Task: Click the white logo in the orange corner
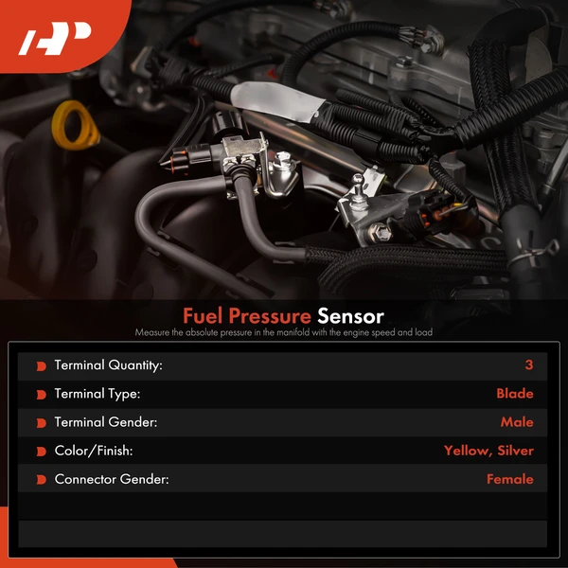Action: (x=54, y=39)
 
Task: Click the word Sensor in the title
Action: (x=350, y=316)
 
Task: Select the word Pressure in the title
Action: (x=270, y=316)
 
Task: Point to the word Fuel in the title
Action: (x=203, y=316)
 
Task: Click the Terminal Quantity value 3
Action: (x=529, y=364)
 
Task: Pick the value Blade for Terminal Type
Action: (x=515, y=394)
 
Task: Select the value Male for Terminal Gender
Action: (x=517, y=422)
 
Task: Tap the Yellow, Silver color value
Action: (x=488, y=451)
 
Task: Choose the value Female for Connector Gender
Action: (x=510, y=479)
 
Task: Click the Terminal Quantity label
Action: (x=108, y=365)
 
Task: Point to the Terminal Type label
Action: (x=98, y=394)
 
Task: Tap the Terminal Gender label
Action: (x=106, y=422)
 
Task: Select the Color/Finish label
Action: (x=94, y=451)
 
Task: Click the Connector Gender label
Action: (x=112, y=479)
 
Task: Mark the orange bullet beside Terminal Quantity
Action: (x=42, y=366)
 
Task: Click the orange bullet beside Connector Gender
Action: (x=42, y=480)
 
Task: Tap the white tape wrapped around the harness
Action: (x=277, y=100)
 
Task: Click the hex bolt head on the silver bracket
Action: (x=380, y=232)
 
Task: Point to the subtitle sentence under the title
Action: (x=284, y=332)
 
